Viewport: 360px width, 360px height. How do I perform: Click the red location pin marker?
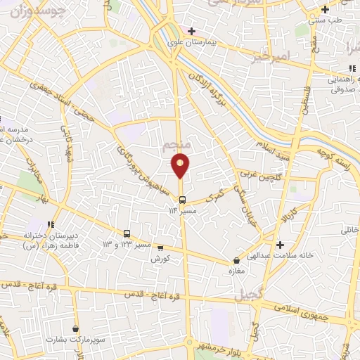(x=181, y=165)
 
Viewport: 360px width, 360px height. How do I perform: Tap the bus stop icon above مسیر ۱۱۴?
(x=182, y=199)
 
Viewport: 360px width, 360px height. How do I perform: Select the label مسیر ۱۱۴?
(x=182, y=210)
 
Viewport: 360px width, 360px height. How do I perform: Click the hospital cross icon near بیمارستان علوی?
(x=191, y=32)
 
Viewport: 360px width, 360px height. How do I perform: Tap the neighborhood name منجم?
(x=176, y=146)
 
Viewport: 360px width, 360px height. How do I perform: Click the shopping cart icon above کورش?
(x=161, y=248)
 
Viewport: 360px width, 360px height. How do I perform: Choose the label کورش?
(x=161, y=258)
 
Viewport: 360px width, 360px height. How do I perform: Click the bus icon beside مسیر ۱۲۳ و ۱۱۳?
(x=127, y=233)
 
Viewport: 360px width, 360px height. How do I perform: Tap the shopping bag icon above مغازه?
(x=237, y=262)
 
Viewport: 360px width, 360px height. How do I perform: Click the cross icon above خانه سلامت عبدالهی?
(x=281, y=245)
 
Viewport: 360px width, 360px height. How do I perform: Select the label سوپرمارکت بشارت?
(x=75, y=339)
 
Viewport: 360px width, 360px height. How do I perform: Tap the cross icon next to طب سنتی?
(x=324, y=10)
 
